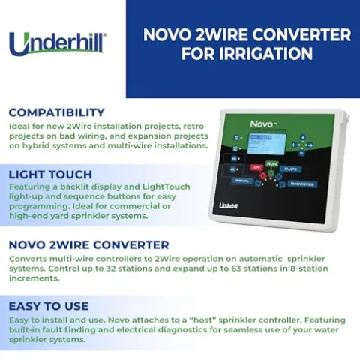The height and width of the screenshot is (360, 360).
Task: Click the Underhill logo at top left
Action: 57,43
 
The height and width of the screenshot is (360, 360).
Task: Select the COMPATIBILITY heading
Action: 56,112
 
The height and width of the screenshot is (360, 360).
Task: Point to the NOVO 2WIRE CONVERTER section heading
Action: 88,244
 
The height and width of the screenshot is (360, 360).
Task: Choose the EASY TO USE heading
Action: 48,306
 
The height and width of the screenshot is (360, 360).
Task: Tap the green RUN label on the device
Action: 271,163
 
